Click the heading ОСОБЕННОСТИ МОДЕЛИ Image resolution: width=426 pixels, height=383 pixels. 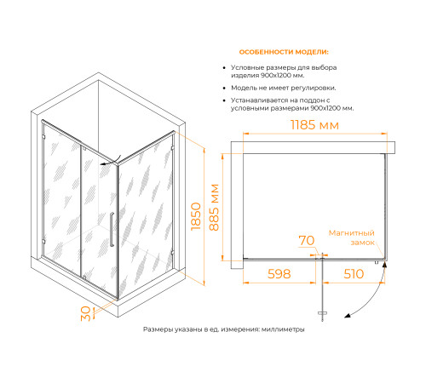pyautogui.click(x=284, y=52)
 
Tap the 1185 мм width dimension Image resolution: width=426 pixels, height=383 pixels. pyautogui.click(x=314, y=125)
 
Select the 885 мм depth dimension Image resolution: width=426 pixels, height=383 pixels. pyautogui.click(x=214, y=208)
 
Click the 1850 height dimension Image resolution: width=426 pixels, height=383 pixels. pyautogui.click(x=196, y=216)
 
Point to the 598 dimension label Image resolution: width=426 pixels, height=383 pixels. pyautogui.click(x=279, y=274)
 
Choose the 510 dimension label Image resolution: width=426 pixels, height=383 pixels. pyautogui.click(x=354, y=274)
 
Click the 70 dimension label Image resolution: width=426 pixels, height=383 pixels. pyautogui.click(x=307, y=241)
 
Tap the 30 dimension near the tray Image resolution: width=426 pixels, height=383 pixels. pyautogui.click(x=86, y=313)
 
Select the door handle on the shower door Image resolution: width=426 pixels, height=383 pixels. pyautogui.click(x=112, y=229)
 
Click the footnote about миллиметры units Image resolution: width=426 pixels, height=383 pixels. pyautogui.click(x=224, y=329)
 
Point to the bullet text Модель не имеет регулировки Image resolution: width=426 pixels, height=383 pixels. pyautogui.click(x=284, y=88)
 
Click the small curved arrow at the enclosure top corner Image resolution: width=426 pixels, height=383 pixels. pyautogui.click(x=111, y=161)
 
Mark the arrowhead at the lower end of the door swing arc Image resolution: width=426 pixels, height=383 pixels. pyautogui.click(x=347, y=316)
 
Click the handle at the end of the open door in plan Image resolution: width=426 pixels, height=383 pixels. pyautogui.click(x=322, y=313)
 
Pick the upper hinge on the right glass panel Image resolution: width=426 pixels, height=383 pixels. pyautogui.click(x=172, y=148)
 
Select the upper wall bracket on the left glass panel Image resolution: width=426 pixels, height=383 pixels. pyautogui.click(x=43, y=137)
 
